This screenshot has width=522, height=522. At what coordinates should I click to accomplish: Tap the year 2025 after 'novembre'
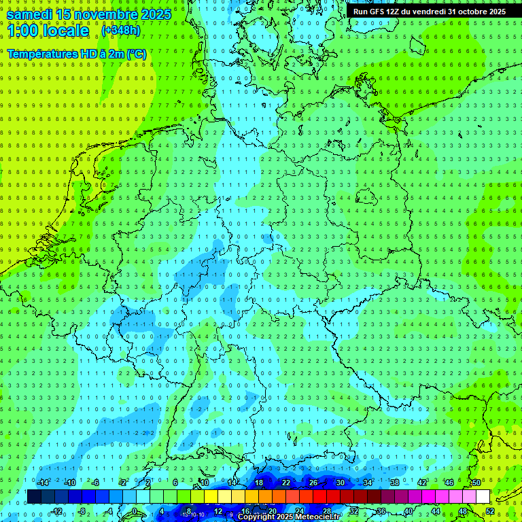(x=156, y=13)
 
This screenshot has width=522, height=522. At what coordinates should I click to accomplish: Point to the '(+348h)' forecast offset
(x=121, y=31)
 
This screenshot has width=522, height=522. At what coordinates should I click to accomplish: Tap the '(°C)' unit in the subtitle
(x=136, y=54)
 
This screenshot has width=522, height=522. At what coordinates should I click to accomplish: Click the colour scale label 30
(x=340, y=483)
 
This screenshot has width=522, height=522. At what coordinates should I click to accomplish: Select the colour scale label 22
(x=285, y=483)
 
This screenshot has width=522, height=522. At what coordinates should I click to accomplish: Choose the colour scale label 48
(x=463, y=511)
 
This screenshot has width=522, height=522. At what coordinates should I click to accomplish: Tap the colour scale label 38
(x=394, y=483)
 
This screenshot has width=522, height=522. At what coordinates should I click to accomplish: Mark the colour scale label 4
(x=162, y=511)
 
